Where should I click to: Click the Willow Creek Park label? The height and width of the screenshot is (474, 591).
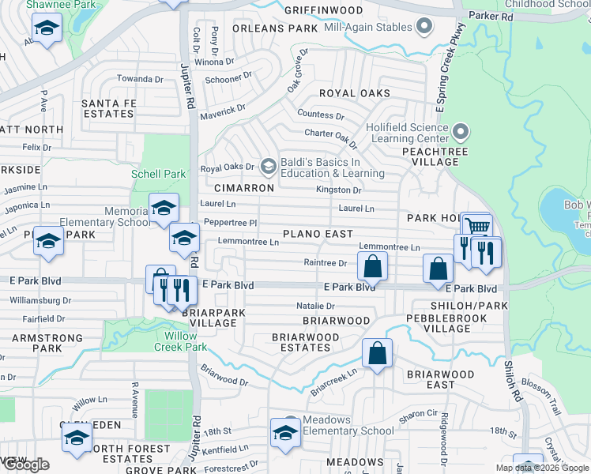pos(180,341)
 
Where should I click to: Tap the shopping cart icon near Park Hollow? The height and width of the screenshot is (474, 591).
pos(476,227)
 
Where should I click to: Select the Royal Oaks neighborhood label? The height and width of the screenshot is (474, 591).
pos(354,93)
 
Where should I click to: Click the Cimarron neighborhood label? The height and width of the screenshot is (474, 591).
pos(244,188)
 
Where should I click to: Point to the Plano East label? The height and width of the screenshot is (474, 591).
pos(318,234)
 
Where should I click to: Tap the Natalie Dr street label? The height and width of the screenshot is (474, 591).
pos(315,306)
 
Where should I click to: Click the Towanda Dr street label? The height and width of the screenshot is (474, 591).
pos(140,79)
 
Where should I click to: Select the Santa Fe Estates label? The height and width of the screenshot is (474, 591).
pos(108,108)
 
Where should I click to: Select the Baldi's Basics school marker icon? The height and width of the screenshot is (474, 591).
pos(269,166)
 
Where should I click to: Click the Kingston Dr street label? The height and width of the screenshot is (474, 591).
pos(339,190)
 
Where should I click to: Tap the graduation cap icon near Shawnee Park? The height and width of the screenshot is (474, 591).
pos(47,29)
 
